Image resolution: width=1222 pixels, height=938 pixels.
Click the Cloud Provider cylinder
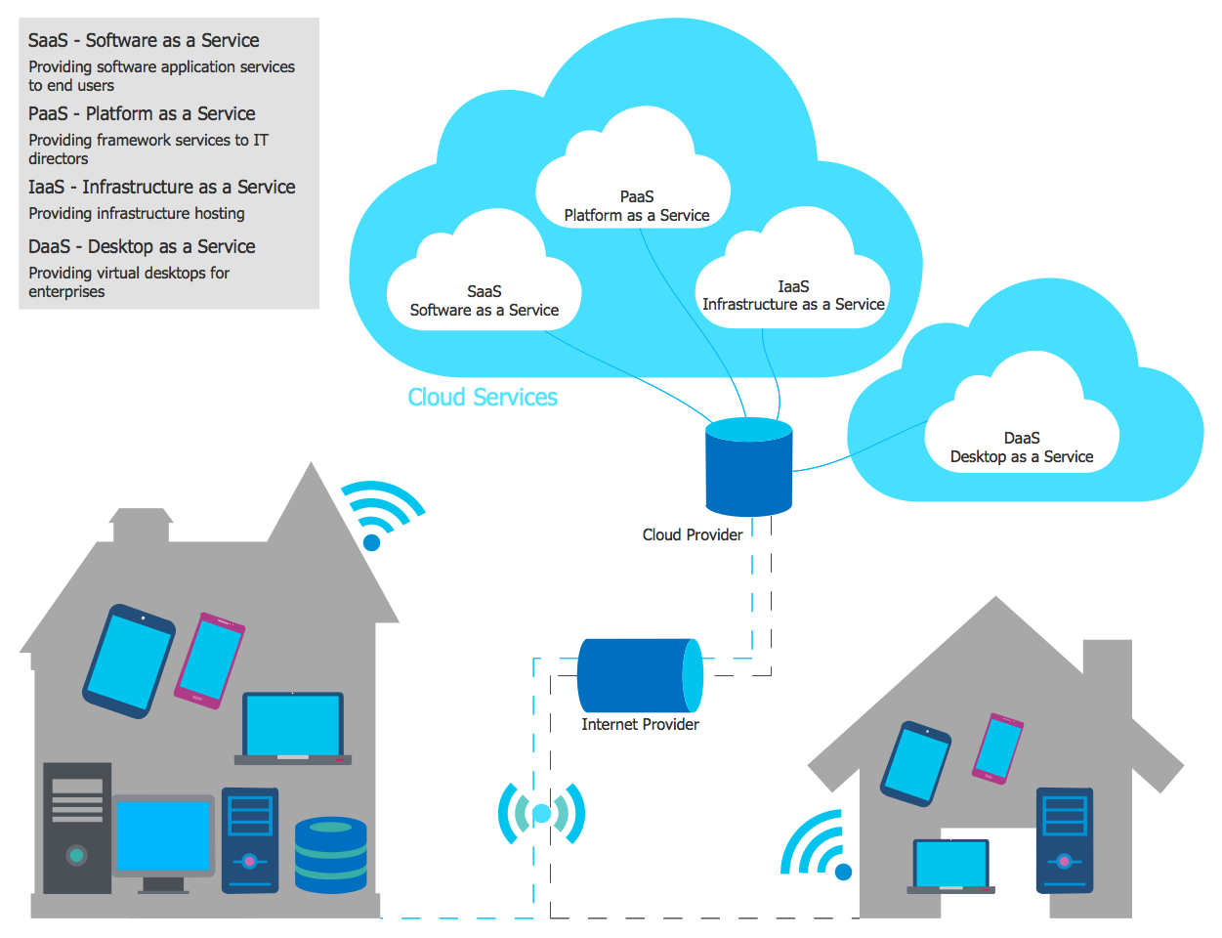[748, 467]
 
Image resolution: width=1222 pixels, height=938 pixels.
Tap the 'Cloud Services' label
[483, 398]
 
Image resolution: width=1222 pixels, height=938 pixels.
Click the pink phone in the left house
[209, 661]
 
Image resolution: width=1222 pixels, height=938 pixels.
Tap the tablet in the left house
[130, 661]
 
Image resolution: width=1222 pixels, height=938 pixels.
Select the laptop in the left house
[293, 729]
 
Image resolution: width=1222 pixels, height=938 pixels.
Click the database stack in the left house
[331, 855]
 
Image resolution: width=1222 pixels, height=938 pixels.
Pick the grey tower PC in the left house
[77, 828]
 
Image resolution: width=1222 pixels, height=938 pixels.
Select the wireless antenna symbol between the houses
[541, 813]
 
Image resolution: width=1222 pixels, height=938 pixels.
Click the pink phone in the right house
[997, 747]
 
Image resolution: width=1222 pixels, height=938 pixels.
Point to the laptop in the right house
[950, 866]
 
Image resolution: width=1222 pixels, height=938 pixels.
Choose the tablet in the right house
[916, 764]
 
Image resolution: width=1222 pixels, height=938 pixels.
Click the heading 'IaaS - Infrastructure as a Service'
[162, 187]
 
